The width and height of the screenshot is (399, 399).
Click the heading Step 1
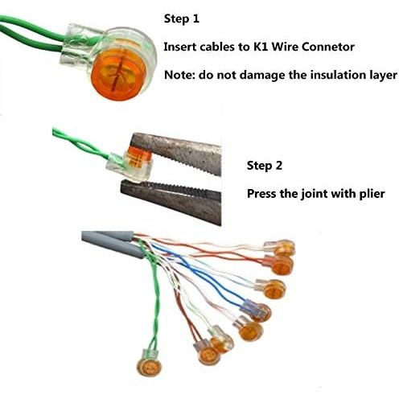[182, 19]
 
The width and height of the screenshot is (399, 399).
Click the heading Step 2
[265, 166]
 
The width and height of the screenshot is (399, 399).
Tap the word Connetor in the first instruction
[328, 47]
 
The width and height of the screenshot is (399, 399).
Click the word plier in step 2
[372, 194]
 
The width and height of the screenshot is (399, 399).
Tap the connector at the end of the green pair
[149, 363]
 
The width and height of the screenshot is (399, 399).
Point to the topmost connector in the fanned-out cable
[280, 248]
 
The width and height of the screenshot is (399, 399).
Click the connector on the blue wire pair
[257, 311]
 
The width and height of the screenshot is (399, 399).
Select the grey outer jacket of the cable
[113, 242]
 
